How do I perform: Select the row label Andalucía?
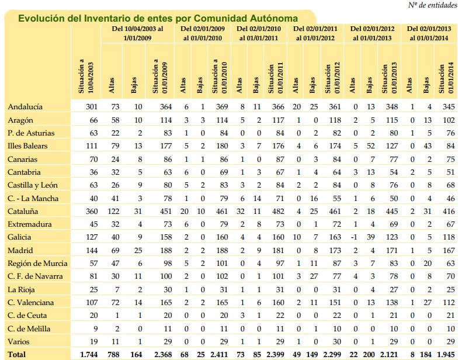[x=26, y=107]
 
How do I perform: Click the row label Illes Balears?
[x=27, y=146]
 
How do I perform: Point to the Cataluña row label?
[x=24, y=210]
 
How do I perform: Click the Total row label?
[x=18, y=354]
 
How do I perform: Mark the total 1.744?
[x=88, y=354]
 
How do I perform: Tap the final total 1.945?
[x=446, y=354]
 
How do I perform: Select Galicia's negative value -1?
[x=352, y=237]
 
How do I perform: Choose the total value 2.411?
[x=217, y=354]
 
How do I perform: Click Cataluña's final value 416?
[x=447, y=210]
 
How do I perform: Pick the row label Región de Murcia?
[x=34, y=262]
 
